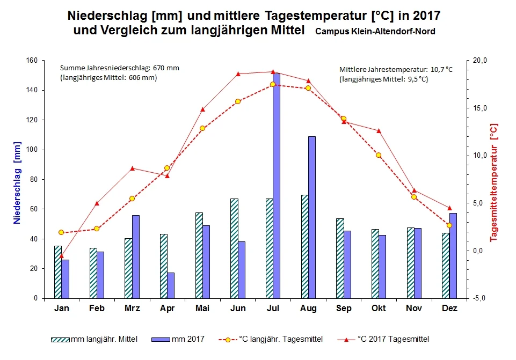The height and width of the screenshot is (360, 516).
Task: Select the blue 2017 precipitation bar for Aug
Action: tap(312, 217)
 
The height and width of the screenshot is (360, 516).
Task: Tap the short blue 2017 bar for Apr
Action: tap(171, 285)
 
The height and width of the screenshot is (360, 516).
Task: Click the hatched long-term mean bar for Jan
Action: tap(58, 271)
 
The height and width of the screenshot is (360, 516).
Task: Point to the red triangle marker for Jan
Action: tap(61, 256)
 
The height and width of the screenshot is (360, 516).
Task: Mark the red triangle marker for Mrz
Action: tap(132, 168)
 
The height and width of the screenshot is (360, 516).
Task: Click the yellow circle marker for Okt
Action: tap(379, 155)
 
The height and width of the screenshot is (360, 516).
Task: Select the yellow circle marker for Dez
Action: tap(449, 225)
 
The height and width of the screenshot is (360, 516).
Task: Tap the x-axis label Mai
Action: tap(202, 308)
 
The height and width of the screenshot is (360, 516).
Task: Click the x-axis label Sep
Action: tap(344, 308)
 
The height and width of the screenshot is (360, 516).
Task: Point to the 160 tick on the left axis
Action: tap(39, 61)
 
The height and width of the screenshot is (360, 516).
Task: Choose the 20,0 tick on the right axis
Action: tap(478, 61)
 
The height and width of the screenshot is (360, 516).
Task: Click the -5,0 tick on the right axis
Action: tap(477, 298)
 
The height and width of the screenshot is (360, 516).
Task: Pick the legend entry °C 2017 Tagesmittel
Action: tap(393, 339)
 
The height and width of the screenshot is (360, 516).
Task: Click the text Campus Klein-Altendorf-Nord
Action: tap(375, 32)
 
